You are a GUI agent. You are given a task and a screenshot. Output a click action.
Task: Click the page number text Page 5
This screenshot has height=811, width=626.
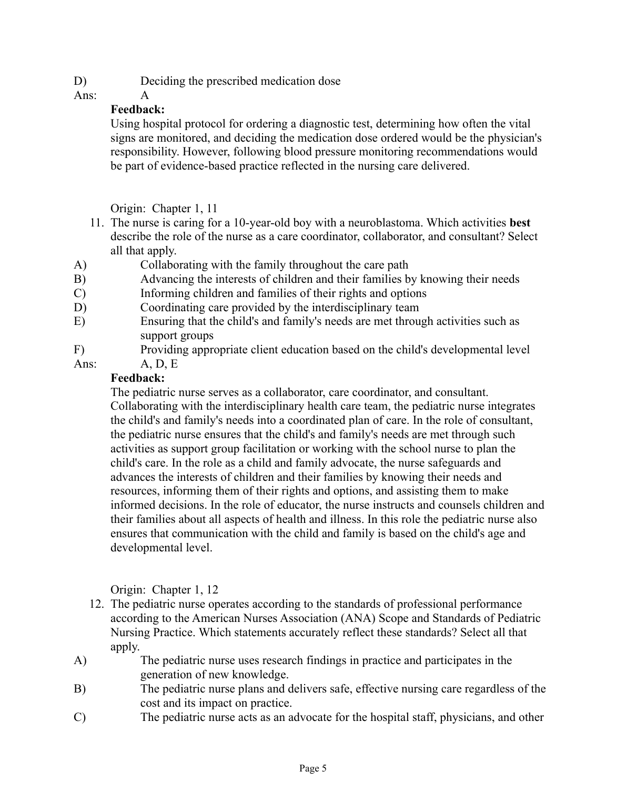coord(313,769)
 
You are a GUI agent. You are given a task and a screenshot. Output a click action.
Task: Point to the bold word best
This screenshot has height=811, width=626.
coord(520,223)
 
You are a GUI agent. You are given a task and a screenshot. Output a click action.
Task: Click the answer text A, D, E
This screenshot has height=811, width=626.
coord(159,364)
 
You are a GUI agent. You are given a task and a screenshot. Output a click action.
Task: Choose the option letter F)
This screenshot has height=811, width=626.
coord(79,350)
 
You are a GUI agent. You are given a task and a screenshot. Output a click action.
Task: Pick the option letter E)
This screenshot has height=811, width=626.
coord(80,321)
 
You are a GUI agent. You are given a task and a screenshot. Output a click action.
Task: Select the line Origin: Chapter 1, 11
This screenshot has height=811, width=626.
coord(164,209)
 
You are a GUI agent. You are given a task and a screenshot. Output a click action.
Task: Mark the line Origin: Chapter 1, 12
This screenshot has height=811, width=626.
coord(164,590)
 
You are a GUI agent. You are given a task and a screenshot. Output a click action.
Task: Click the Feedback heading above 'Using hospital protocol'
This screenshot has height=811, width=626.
coord(138,110)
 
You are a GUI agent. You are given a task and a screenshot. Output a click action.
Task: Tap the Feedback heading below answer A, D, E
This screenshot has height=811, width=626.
coord(138,378)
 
